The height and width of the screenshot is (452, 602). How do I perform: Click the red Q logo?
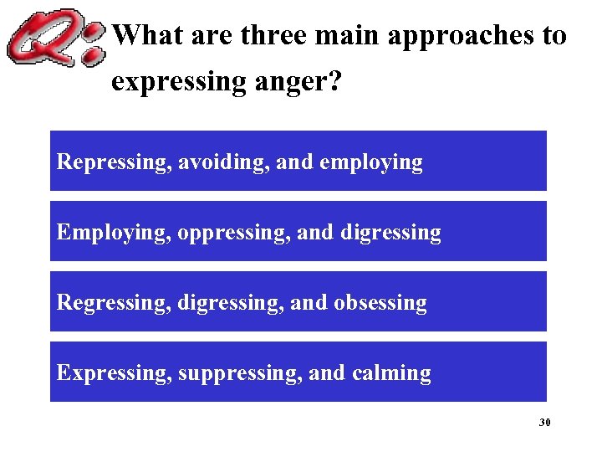(x=54, y=38)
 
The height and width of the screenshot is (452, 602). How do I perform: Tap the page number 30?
(x=544, y=423)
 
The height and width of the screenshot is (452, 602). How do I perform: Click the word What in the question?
(x=146, y=35)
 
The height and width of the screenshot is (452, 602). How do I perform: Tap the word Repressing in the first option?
(x=114, y=162)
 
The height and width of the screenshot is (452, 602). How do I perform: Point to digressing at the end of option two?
(x=390, y=233)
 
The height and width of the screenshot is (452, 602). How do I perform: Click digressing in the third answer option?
(x=230, y=303)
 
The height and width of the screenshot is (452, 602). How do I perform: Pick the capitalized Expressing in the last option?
(x=113, y=373)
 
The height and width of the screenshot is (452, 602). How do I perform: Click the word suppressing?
(x=242, y=373)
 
